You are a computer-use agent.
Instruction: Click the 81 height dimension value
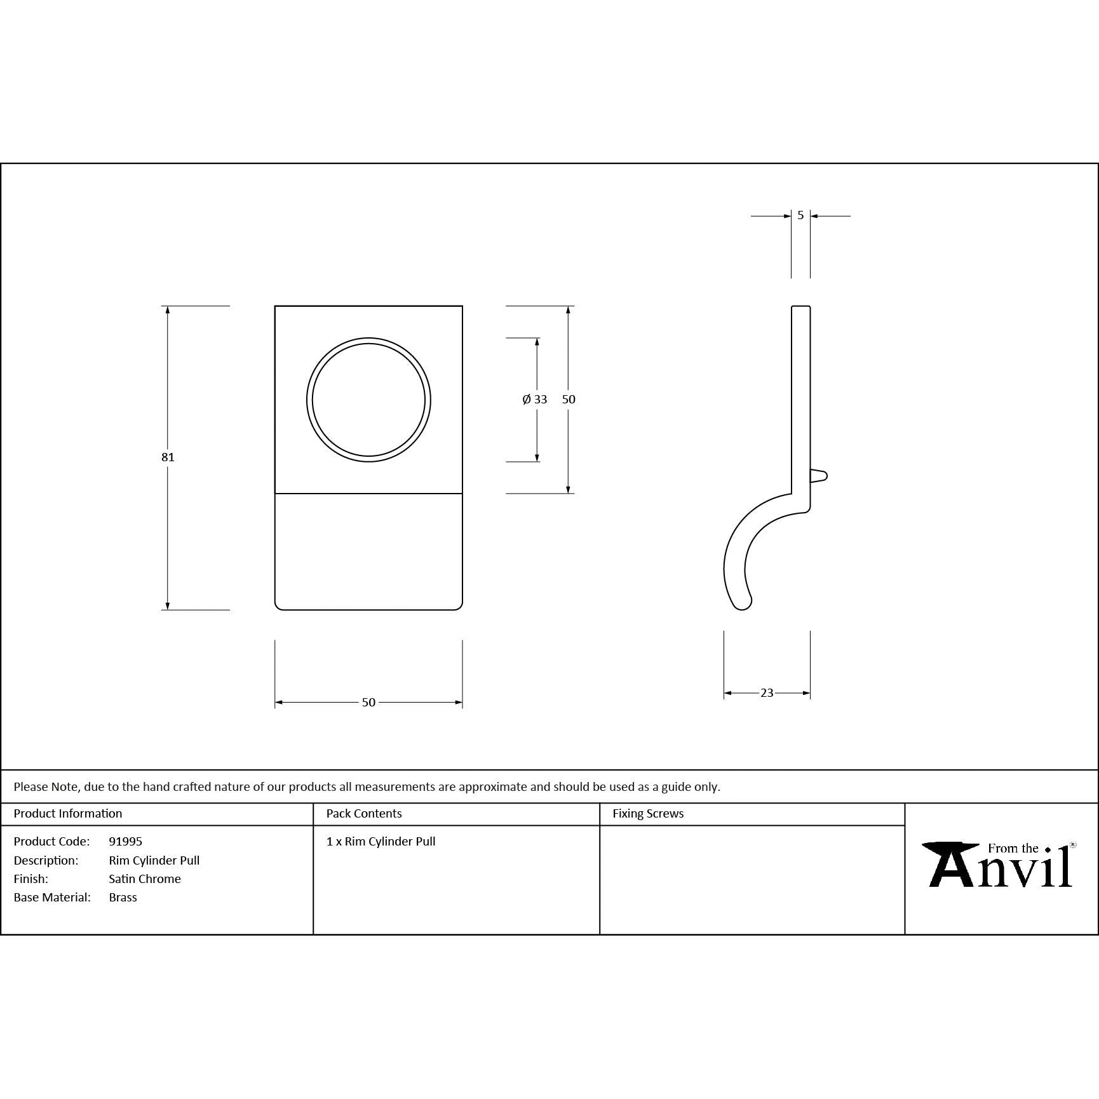tap(168, 457)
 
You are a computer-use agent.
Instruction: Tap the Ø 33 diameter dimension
tap(535, 399)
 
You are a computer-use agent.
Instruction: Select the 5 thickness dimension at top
tap(800, 215)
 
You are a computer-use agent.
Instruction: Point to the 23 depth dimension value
tap(767, 692)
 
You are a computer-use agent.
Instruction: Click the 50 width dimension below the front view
tap(368, 702)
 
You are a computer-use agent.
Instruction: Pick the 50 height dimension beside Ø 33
tap(569, 399)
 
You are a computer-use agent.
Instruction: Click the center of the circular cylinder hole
tap(368, 400)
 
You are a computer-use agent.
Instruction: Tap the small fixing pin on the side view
tap(819, 476)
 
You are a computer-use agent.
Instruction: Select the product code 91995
tap(125, 841)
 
